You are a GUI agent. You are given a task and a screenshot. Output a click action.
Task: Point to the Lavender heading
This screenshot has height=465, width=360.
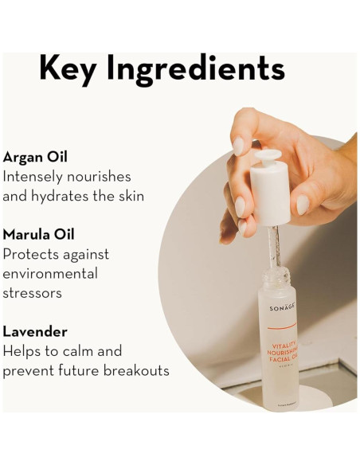(35, 331)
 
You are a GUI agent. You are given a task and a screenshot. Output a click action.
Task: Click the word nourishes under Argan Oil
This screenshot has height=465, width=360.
(99, 177)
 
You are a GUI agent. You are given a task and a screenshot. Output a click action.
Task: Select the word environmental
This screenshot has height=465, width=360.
(50, 273)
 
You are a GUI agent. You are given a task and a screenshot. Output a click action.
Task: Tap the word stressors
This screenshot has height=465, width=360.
(33, 293)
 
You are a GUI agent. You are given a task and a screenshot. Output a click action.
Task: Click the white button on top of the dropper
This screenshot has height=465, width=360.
(267, 155)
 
